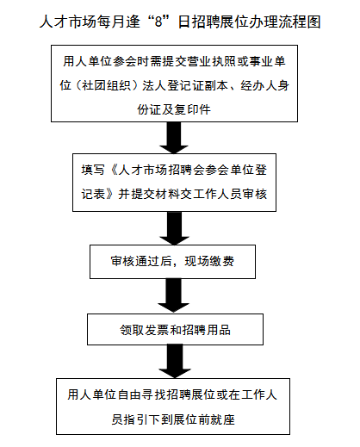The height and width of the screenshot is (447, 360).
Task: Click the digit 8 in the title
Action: click(158, 22)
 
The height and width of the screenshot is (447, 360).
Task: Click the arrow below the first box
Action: click(174, 138)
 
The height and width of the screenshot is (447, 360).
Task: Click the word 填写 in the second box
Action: click(93, 170)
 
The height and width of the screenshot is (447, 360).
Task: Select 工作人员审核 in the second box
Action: click(230, 194)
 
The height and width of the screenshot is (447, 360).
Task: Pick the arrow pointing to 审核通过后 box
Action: click(174, 228)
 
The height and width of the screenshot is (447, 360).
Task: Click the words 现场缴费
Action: click(209, 261)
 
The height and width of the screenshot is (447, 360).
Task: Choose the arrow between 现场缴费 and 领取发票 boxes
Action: click(174, 295)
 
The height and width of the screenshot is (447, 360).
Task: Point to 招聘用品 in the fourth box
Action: click(206, 330)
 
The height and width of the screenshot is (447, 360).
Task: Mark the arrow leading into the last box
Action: click(175, 361)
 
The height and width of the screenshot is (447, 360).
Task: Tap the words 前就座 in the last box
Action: click(216, 419)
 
